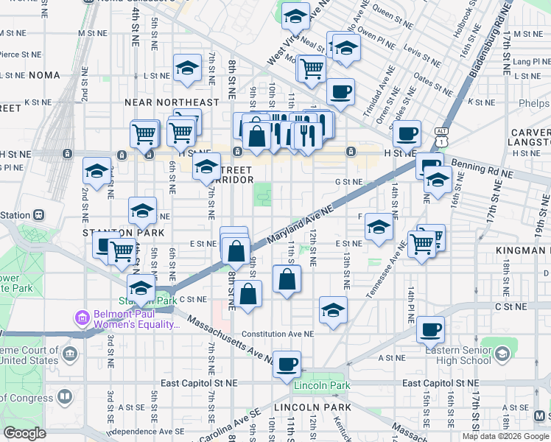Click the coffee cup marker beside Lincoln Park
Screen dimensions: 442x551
click(287, 363)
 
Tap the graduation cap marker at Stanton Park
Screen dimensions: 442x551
click(141, 287)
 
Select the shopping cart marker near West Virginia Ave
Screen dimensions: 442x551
click(312, 69)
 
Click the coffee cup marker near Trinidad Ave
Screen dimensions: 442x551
click(340, 91)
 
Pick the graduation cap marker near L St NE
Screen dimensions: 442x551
click(188, 68)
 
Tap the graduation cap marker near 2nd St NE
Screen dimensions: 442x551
click(96, 171)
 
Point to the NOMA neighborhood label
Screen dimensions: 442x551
click(45, 75)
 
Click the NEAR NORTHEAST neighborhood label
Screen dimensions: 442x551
click(172, 102)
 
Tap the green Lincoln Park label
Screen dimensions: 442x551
click(322, 385)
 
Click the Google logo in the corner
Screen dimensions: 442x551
click(24, 433)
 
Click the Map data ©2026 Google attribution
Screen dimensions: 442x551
click(505, 436)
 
